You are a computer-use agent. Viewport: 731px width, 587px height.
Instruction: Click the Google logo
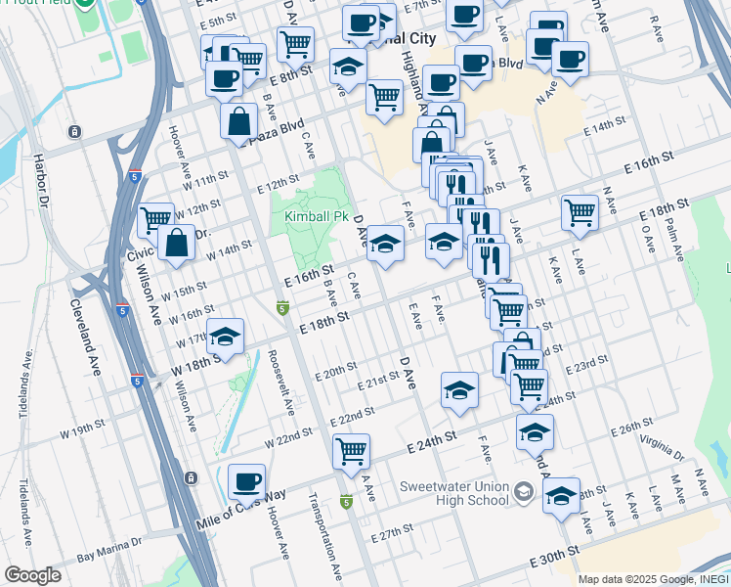[32, 575]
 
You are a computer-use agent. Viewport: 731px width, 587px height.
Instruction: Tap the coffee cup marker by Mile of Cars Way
[246, 482]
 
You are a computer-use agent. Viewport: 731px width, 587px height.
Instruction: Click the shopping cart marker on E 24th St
[351, 452]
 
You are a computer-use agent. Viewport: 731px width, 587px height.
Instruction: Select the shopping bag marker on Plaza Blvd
[238, 123]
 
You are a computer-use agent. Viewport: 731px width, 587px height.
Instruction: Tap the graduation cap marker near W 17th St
[225, 339]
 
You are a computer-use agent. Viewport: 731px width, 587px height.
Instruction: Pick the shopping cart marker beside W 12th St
[155, 220]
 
